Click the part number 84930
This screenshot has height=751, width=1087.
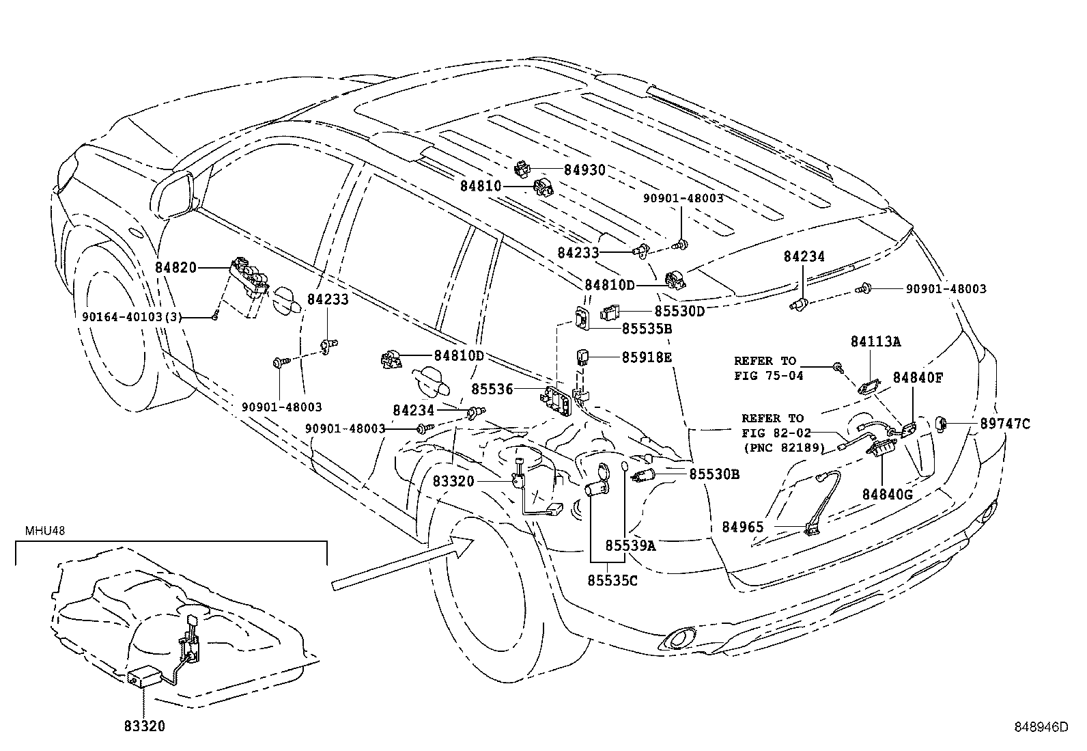tap(584, 170)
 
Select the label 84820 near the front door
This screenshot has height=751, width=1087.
tap(175, 268)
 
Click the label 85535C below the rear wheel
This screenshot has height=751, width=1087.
tap(612, 580)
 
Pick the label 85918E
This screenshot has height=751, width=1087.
tap(647, 357)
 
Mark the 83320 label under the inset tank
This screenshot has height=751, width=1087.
tap(144, 726)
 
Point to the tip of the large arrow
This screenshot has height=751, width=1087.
tap(472, 540)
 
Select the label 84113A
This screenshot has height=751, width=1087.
tap(875, 342)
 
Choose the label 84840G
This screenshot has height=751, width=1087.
tap(887, 493)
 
